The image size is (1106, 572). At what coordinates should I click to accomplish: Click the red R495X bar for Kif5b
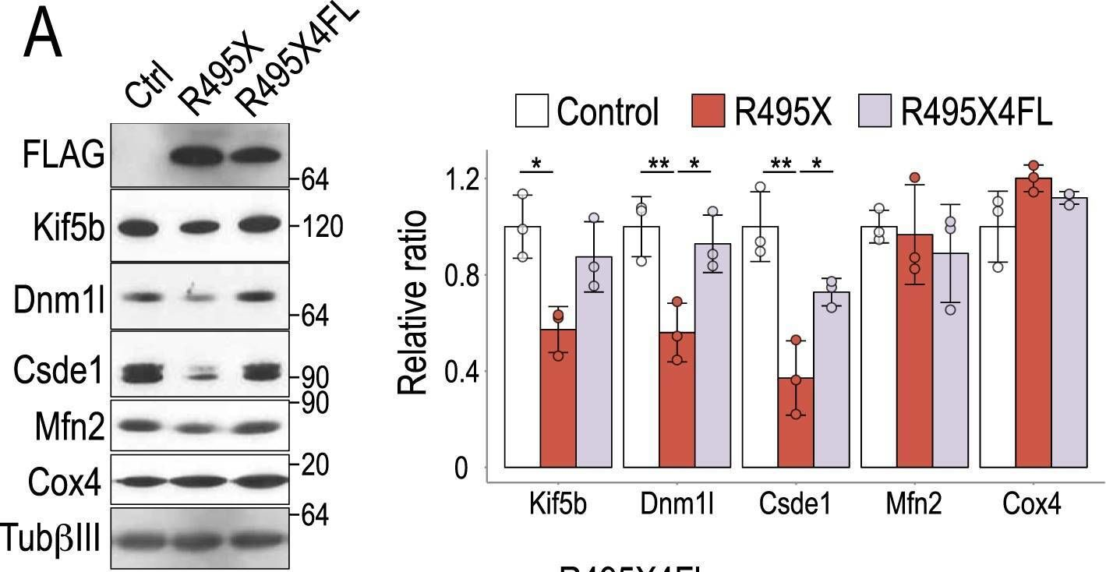pos(558,398)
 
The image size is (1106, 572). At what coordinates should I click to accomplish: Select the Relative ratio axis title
pos(413,302)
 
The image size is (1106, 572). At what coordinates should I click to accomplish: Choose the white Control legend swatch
pos(532,111)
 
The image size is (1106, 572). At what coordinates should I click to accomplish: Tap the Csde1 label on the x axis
pos(796,504)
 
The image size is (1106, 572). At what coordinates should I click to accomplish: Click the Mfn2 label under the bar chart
pos(913,504)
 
